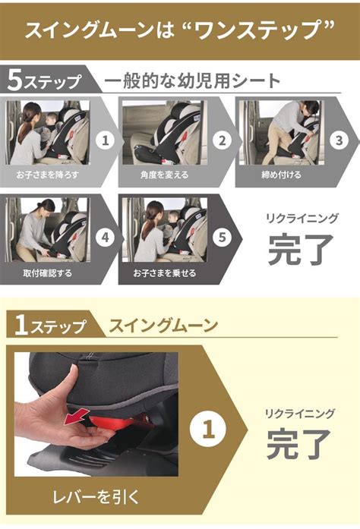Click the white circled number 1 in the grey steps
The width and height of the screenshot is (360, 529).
106,140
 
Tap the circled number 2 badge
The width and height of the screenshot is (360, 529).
223,140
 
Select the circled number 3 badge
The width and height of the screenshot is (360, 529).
339,140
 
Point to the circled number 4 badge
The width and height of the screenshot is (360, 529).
106,237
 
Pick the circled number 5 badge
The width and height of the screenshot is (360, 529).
223,237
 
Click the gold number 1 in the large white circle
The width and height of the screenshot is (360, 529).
208,430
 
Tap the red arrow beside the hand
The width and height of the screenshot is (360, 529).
77,416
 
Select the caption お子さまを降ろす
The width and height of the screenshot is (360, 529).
47,175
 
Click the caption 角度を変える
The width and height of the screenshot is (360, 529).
165,175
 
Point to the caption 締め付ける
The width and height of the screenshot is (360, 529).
281,175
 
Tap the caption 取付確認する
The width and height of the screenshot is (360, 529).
47,272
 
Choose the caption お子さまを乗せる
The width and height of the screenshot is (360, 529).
165,272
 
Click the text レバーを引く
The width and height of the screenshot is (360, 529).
96,497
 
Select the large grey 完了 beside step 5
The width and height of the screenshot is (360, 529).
300,249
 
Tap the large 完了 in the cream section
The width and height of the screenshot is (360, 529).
298,443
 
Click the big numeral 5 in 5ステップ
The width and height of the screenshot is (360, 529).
15,80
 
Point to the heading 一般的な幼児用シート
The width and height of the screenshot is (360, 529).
192,81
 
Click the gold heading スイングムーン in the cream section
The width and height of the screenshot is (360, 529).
163,326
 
